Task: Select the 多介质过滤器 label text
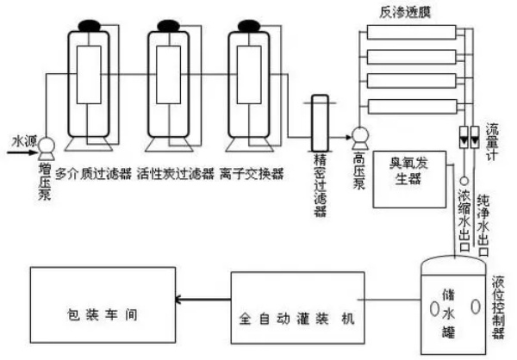pyautogui.click(x=93, y=173)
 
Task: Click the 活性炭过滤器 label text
pyautogui.click(x=173, y=173)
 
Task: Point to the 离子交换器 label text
pyautogui.click(x=252, y=173)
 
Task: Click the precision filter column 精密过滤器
pyautogui.click(x=316, y=121)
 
